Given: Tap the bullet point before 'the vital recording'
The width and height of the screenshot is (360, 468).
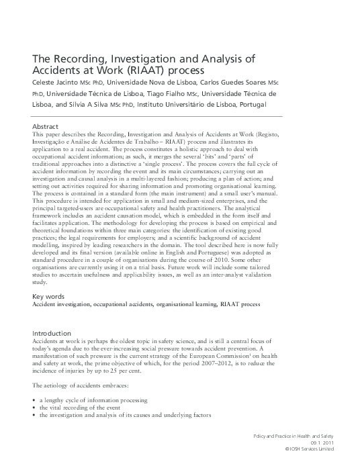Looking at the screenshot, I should click(x=34, y=408).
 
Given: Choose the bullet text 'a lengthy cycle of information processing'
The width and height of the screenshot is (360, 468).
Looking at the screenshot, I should click(x=93, y=400).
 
